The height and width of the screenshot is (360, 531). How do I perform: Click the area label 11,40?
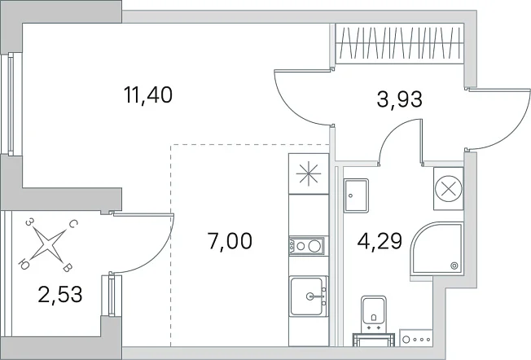click(148, 94)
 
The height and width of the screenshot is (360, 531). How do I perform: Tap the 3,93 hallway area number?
click(400, 99)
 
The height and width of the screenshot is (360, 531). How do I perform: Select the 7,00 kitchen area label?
click(230, 241)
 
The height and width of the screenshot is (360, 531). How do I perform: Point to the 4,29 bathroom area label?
click(380, 241)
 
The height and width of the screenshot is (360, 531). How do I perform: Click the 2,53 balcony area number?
click(60, 294)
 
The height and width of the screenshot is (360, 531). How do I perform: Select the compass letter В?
click(68, 269)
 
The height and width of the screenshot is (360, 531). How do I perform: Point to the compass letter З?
click(30, 222)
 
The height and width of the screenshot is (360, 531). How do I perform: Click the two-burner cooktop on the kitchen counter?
click(306, 246)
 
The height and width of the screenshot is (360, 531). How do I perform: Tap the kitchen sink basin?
click(308, 296)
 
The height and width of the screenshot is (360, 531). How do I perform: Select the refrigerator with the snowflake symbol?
click(309, 173)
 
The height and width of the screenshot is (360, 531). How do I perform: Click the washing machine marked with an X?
click(449, 189)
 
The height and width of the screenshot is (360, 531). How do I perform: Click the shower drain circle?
click(454, 266)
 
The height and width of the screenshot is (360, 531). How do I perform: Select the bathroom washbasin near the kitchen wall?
click(356, 195)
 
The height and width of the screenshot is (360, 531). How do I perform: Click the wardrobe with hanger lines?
click(399, 43)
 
